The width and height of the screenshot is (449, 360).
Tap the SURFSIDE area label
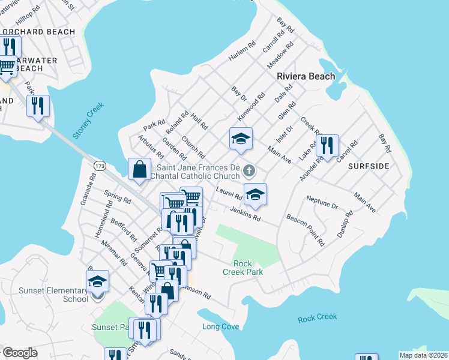(369, 166)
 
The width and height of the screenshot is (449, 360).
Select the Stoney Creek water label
(88, 121)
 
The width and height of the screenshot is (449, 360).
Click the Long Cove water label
(220, 326)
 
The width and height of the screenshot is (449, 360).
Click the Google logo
(20, 353)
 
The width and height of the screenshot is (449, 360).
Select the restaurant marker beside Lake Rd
(327, 145)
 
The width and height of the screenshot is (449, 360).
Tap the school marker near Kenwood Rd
(241, 139)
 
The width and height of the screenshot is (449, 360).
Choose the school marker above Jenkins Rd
(255, 194)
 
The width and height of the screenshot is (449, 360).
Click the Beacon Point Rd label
(306, 230)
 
